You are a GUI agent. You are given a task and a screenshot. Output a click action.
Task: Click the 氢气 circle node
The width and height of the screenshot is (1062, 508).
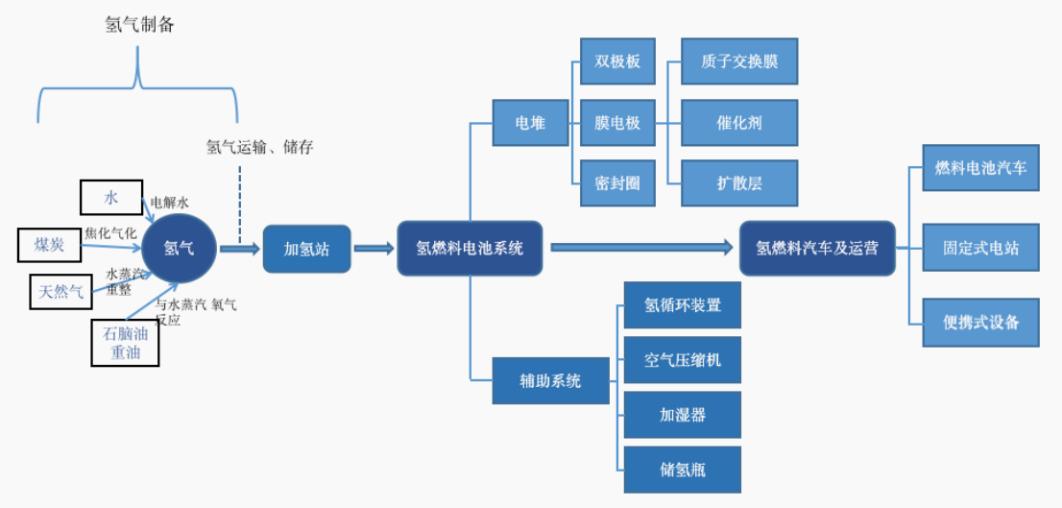point(179,249)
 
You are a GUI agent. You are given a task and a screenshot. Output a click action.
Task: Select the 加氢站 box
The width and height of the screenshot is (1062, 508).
point(306,249)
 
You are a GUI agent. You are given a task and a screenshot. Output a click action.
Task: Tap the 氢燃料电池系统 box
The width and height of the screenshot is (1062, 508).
point(470,249)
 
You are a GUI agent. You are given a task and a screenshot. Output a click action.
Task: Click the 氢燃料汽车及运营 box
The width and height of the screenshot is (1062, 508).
point(816,249)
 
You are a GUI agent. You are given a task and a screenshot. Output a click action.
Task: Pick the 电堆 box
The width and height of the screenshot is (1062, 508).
point(530,123)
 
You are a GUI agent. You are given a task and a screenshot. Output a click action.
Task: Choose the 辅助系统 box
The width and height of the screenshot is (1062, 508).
point(550,381)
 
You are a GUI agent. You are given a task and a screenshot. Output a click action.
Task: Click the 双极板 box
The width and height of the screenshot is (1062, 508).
point(617,62)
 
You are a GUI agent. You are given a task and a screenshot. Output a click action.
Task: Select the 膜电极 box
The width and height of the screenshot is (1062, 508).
point(617,123)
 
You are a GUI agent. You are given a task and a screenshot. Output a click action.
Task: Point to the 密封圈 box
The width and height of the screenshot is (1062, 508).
point(617,182)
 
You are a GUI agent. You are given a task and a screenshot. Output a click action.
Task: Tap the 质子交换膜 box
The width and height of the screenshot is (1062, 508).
point(739,62)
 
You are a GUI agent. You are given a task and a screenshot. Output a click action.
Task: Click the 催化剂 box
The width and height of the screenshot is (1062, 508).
point(739,123)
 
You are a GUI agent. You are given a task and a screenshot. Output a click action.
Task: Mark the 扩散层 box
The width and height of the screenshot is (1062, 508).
point(739,182)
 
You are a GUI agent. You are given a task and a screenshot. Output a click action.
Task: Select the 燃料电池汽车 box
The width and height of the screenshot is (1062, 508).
point(980,168)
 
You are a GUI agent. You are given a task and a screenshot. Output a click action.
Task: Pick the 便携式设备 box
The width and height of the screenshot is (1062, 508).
point(980,323)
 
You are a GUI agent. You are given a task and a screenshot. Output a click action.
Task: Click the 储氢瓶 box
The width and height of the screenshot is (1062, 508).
point(683,470)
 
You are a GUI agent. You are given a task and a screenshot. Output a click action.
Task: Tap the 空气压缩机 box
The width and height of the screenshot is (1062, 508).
point(683,361)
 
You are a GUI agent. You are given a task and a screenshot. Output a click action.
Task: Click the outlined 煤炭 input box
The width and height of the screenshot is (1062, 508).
point(51,245)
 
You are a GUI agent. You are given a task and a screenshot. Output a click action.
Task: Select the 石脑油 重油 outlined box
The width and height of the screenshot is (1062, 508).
point(125,343)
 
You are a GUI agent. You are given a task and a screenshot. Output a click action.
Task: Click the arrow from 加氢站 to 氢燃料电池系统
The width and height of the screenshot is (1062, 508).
point(374,249)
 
